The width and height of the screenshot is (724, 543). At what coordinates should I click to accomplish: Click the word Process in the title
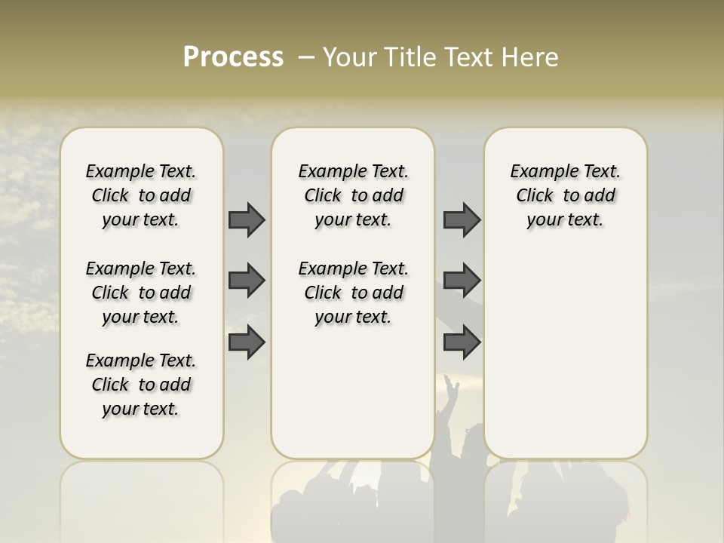click(233, 57)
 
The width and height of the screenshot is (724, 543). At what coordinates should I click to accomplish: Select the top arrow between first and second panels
click(247, 219)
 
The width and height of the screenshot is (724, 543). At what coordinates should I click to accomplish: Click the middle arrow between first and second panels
click(247, 281)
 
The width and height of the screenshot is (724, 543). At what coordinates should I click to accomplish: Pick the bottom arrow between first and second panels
click(247, 342)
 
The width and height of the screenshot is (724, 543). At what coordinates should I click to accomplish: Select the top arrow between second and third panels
click(462, 219)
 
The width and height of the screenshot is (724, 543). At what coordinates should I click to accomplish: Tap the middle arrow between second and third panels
click(462, 281)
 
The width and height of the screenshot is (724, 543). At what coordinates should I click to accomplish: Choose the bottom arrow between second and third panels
click(462, 342)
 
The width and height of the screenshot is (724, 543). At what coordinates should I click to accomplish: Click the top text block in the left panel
click(141, 195)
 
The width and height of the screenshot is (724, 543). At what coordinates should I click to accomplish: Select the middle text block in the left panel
click(141, 293)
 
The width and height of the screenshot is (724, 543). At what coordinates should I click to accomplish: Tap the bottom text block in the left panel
click(141, 385)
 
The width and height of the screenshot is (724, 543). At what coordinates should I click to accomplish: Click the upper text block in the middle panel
click(353, 195)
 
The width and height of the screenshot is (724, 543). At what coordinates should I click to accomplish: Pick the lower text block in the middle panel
click(353, 293)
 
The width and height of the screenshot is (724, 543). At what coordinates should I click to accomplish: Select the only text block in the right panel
click(565, 195)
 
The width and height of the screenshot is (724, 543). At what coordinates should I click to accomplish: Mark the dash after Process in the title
click(305, 57)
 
